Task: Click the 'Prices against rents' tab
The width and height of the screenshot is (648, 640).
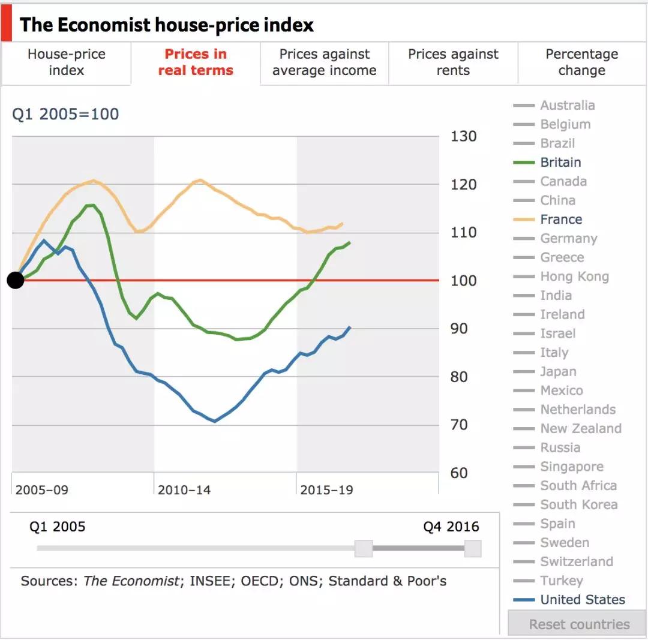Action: click(x=453, y=62)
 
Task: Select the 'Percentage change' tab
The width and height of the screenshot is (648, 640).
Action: click(x=581, y=62)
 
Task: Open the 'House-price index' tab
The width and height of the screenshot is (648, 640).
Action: click(x=66, y=62)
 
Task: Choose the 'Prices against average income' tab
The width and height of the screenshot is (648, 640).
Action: click(x=324, y=62)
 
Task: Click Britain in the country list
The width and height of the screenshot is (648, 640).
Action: click(x=560, y=163)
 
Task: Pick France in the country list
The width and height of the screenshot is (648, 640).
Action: click(x=561, y=220)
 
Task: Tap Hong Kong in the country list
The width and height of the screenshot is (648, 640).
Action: click(x=574, y=277)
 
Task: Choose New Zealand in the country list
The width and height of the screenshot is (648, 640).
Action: click(x=580, y=429)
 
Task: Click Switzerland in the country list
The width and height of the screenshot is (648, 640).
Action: click(x=576, y=562)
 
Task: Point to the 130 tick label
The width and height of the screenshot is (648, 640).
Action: click(x=463, y=137)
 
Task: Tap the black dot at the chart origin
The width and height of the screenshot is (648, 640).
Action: click(x=16, y=280)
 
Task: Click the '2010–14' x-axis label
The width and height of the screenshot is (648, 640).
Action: click(x=184, y=490)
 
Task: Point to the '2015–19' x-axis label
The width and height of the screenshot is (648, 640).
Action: click(x=326, y=490)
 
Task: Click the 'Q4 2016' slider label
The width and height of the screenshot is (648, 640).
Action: click(x=451, y=527)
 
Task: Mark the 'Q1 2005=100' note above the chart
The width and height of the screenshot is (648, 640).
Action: click(x=65, y=114)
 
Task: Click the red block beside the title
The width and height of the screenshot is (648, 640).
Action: click(x=6, y=25)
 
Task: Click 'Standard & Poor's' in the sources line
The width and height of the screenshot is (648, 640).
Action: click(x=387, y=581)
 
